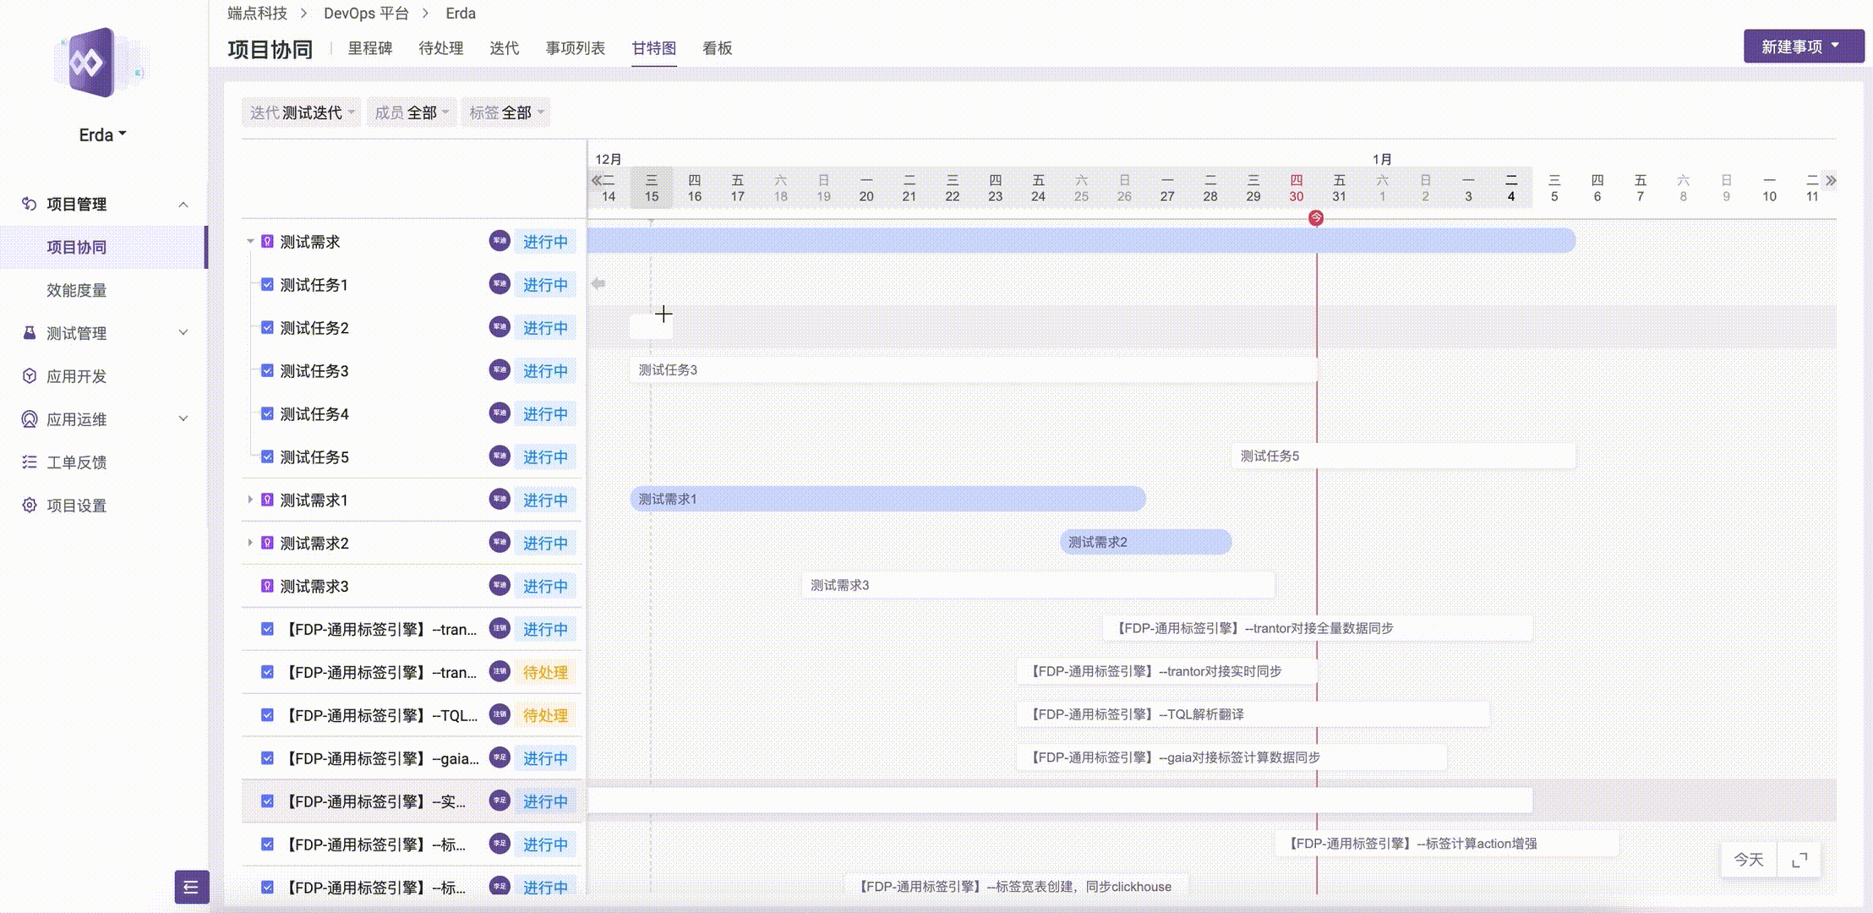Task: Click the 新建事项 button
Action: [1802, 46]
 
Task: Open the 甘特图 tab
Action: [653, 48]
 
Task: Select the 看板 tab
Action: [717, 48]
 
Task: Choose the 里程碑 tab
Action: [370, 48]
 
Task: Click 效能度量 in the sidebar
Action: [76, 290]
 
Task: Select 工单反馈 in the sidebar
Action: [76, 462]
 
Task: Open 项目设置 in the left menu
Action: [76, 506]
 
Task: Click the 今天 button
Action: [1748, 860]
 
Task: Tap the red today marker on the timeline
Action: [1316, 218]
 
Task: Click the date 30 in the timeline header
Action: [1296, 196]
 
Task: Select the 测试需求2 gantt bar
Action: [1145, 542]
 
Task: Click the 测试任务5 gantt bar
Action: [1403, 456]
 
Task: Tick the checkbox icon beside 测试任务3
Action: [267, 370]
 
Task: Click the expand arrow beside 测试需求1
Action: [250, 500]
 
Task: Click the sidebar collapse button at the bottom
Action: [191, 887]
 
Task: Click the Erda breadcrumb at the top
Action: [461, 14]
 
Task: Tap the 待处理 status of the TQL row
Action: [545, 715]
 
